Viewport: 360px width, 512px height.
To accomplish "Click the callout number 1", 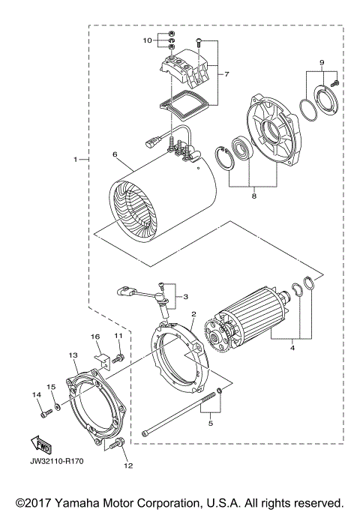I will (76, 159).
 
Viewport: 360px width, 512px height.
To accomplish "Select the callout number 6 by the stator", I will (115, 155).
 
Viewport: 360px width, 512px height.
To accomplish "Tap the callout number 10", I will (148, 39).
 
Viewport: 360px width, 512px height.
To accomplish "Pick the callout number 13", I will (73, 355).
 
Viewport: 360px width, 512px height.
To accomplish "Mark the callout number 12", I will (118, 465).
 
